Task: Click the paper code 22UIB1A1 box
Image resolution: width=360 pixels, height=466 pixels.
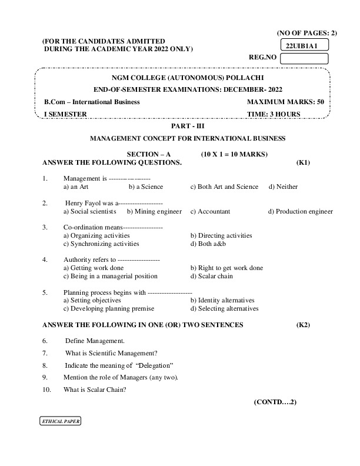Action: point(304,45)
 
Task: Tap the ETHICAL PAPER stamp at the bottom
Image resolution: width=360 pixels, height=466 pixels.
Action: point(60,422)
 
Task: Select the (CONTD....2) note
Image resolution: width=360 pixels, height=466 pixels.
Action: point(275,402)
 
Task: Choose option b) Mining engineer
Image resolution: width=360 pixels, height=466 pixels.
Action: point(154,211)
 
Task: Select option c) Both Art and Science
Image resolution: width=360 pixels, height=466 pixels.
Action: point(224,187)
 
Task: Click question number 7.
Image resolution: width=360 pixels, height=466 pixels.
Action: point(45,353)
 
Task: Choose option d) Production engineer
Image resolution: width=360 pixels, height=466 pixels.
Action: point(300,211)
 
